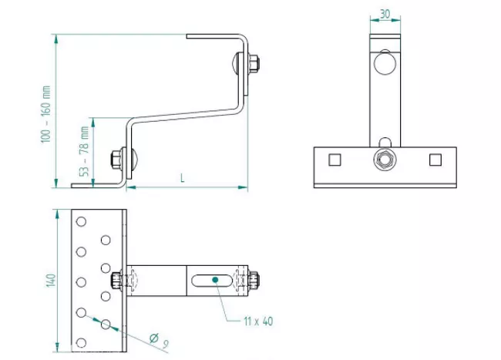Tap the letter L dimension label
point(182,177)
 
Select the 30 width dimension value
point(385,15)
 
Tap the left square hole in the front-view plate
point(334,160)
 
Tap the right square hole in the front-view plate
point(435,160)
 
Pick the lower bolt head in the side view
point(118,159)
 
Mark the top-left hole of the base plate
point(79,221)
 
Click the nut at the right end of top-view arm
point(255,279)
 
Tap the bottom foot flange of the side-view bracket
point(97,186)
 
